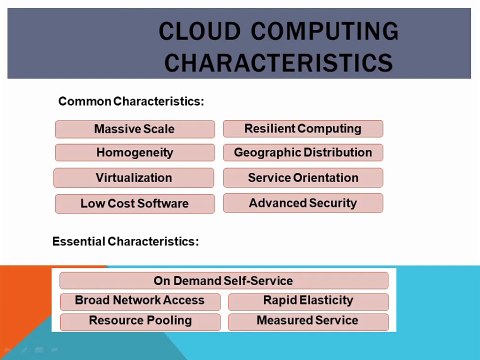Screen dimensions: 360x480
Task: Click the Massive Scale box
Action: point(134,129)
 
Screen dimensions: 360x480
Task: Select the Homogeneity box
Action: point(134,153)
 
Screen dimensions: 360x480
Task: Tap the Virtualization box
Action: point(134,178)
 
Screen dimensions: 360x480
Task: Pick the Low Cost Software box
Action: point(134,204)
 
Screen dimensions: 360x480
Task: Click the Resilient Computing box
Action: point(302,128)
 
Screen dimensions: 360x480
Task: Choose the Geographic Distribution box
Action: point(302,153)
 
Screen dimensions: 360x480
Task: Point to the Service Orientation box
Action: point(302,178)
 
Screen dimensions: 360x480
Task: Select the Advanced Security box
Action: point(302,203)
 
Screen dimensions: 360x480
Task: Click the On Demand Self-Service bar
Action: point(223,281)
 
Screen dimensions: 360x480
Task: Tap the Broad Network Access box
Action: point(139,300)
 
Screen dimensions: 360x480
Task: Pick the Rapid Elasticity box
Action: point(307,300)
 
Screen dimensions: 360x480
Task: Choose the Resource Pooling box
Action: point(139,321)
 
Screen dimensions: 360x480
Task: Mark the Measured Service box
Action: point(307,321)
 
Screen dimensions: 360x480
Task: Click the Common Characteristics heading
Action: point(131,101)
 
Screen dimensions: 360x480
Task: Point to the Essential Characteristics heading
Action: point(125,241)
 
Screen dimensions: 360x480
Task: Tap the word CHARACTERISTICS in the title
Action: point(278,63)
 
